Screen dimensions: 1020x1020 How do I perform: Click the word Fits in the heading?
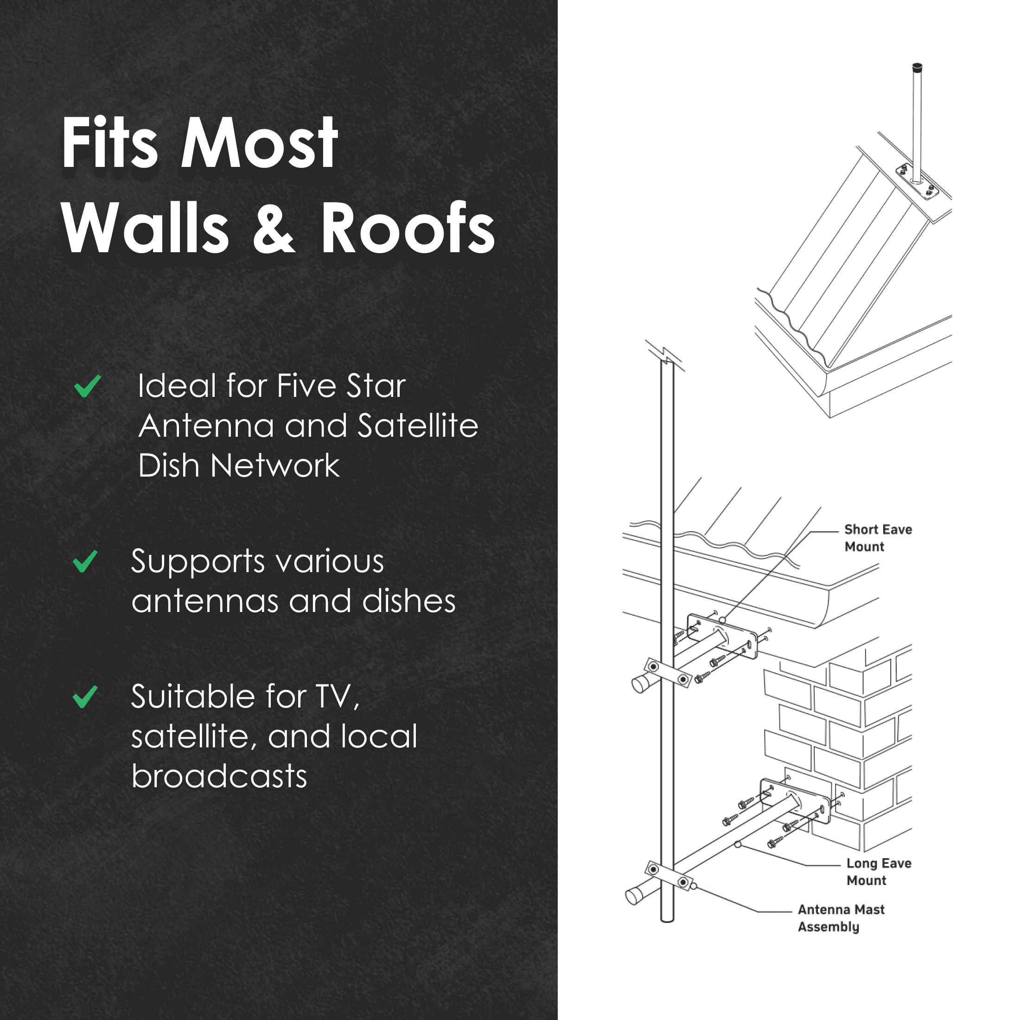click(x=109, y=143)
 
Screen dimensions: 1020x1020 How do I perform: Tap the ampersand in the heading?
click(x=273, y=229)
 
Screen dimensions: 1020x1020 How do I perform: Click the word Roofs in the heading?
click(x=407, y=229)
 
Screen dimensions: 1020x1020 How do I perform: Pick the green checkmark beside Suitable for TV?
click(x=85, y=696)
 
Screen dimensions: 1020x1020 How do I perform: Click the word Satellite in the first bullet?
click(x=418, y=426)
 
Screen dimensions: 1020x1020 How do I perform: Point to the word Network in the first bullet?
click(x=274, y=465)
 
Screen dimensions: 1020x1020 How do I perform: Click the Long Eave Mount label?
click(x=878, y=871)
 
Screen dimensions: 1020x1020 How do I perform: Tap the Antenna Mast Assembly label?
click(x=841, y=918)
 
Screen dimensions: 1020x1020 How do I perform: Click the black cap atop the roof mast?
click(x=917, y=68)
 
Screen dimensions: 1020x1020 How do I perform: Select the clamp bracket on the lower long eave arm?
click(x=668, y=875)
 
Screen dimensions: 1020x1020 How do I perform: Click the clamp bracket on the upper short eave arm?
click(x=668, y=673)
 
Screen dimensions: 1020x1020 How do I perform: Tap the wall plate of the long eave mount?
click(x=795, y=800)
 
